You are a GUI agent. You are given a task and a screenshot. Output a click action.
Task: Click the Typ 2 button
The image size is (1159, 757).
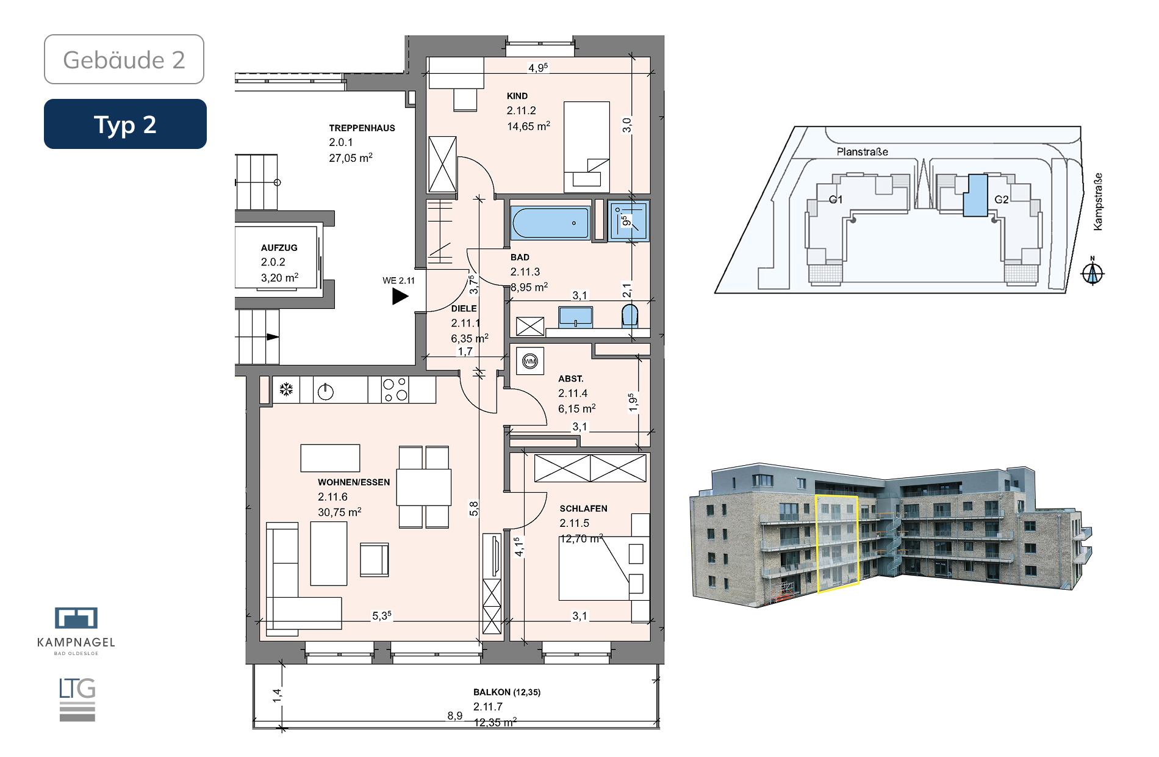pyautogui.click(x=125, y=124)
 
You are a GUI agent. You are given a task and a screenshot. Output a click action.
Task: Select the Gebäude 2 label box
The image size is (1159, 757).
pyautogui.click(x=124, y=59)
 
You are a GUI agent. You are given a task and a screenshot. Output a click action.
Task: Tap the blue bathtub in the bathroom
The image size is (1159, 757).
pyautogui.click(x=550, y=223)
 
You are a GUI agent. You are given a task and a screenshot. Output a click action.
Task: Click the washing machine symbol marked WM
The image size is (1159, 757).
pyautogui.click(x=530, y=361)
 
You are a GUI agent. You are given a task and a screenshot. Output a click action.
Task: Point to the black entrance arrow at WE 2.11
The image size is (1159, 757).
pyautogui.click(x=400, y=296)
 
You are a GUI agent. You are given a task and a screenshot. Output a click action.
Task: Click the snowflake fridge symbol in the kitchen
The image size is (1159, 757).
pyautogui.click(x=286, y=389)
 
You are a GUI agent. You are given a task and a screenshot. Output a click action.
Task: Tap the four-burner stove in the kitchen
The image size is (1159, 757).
pyautogui.click(x=395, y=389)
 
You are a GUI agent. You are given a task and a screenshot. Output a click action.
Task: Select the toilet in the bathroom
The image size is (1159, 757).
pyautogui.click(x=630, y=317)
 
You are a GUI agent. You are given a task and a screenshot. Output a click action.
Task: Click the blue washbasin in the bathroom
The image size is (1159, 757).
pyautogui.click(x=575, y=317)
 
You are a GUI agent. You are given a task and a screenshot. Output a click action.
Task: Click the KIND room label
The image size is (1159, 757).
pyautogui.click(x=517, y=96)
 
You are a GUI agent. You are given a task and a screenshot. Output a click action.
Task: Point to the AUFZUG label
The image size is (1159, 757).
pyautogui.click(x=279, y=248)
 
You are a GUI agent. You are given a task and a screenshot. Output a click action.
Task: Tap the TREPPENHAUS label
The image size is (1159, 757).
pyautogui.click(x=362, y=128)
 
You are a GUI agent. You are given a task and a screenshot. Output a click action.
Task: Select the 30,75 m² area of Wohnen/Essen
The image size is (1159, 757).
pyautogui.click(x=340, y=512)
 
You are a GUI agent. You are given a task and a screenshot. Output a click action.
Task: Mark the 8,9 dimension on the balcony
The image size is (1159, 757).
pyautogui.click(x=455, y=715)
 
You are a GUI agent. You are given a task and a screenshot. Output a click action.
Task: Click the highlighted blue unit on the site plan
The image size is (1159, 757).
pyautogui.click(x=975, y=195)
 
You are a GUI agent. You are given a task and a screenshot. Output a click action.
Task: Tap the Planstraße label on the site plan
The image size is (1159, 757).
pyautogui.click(x=863, y=151)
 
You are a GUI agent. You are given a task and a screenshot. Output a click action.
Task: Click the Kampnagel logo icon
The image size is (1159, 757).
pyautogui.click(x=76, y=618)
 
